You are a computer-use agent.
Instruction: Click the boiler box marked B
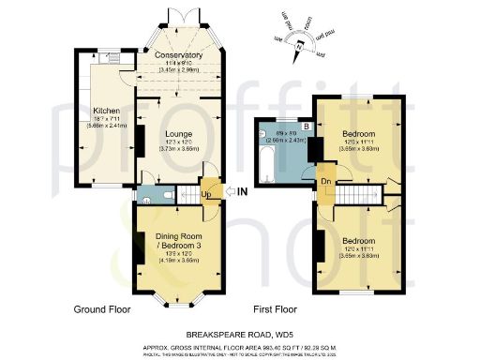tap(305, 125)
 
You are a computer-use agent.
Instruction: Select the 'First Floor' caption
tap(276, 307)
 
